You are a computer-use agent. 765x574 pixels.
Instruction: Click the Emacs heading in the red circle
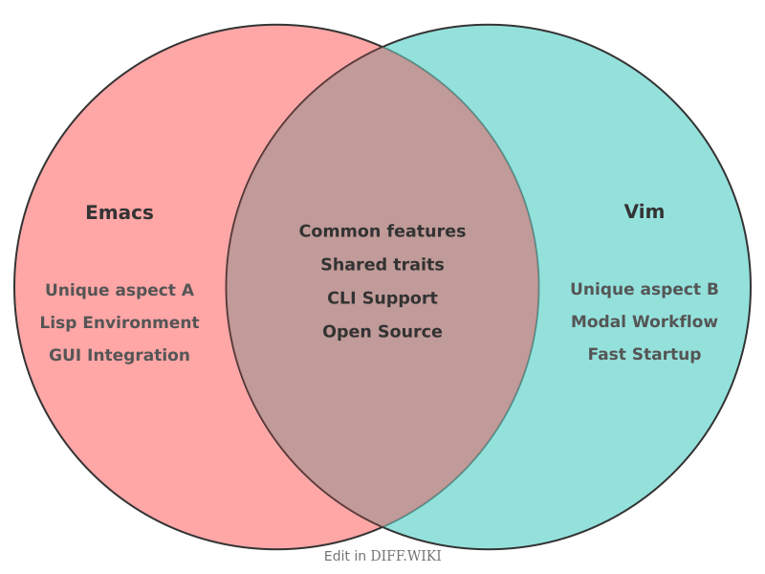pos(120,212)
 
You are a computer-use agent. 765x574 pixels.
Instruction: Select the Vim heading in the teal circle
pos(644,211)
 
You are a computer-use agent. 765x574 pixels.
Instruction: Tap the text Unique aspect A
pos(120,290)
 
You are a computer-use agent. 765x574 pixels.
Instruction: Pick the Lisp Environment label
pos(120,322)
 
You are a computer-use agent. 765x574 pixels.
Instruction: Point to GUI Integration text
pos(120,355)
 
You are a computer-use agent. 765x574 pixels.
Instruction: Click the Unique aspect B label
pos(644,289)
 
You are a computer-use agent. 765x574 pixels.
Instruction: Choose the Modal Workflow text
pos(644,321)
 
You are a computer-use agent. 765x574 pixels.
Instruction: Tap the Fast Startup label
pos(644,354)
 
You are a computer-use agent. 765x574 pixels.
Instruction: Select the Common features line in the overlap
pos(382,232)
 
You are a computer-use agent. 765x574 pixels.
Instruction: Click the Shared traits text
pos(382,265)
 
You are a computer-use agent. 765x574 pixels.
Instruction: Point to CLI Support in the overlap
pos(382,298)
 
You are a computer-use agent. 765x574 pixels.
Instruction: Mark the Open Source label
pos(382,332)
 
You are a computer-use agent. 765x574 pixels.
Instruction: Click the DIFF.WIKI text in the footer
pos(405,556)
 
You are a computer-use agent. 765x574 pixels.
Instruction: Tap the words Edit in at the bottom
pos(344,556)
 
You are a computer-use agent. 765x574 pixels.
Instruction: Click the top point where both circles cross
pos(382,46)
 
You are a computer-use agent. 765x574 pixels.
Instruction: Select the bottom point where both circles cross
pos(382,527)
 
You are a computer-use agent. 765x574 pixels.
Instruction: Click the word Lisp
pos(56,322)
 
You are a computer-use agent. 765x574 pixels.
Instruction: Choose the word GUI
pos(66,355)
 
